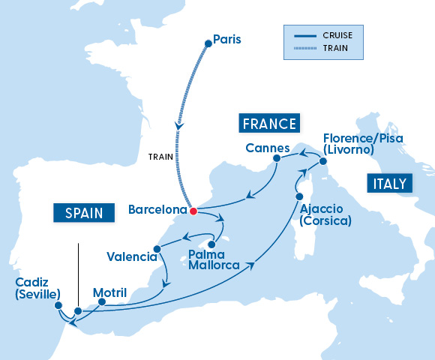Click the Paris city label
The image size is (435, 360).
(x=227, y=38)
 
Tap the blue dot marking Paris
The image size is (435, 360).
(x=208, y=43)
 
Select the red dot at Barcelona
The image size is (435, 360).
(x=193, y=211)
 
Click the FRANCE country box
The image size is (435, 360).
(x=268, y=124)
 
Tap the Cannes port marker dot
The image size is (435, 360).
(x=277, y=158)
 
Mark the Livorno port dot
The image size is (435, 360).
(x=322, y=161)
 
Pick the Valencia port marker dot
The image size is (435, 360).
(x=157, y=249)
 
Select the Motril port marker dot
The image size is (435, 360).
(x=100, y=304)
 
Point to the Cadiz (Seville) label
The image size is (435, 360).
(x=37, y=288)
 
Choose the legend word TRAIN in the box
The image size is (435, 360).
(x=332, y=49)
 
